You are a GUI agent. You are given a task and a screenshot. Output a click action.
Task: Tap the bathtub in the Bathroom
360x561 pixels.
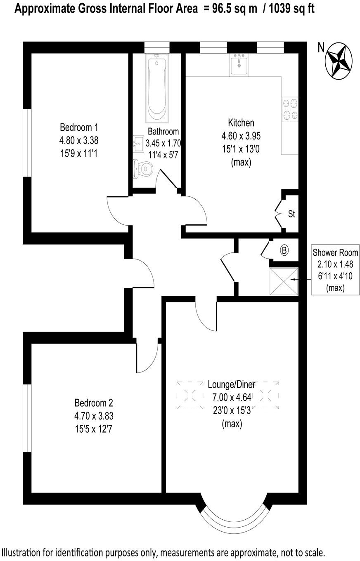pos(157,88)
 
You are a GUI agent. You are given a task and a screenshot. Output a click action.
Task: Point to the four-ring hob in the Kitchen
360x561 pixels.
pos(289,109)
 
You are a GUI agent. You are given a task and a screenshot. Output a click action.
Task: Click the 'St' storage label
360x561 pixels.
pos(291,214)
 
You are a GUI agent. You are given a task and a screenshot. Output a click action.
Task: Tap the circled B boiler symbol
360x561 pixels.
pos(284,250)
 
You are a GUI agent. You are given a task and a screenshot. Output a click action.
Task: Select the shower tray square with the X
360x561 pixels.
pos(283,281)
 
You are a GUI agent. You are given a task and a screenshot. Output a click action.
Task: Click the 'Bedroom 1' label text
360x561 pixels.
pos(79,127)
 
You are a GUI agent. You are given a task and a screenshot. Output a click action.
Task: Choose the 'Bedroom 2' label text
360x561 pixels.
pos(94,403)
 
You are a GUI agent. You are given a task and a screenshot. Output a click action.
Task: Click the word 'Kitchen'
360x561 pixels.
pos(241,123)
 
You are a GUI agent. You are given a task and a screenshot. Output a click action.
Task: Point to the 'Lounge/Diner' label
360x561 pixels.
pos(232,384)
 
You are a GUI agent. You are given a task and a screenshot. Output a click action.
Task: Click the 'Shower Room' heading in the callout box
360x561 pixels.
pos(335,252)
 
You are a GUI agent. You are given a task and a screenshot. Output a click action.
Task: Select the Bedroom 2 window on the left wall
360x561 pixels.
pos(27,418)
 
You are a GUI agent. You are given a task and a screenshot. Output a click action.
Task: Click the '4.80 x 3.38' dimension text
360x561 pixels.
pos(79,140)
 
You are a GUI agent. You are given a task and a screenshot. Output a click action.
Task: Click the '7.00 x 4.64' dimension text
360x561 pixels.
pos(232,398)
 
